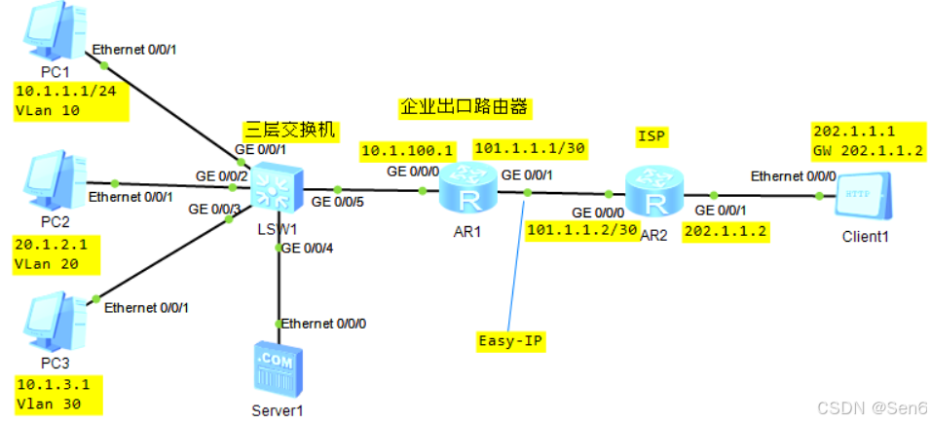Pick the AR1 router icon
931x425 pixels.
pos(468,190)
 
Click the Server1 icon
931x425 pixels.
pos(279,368)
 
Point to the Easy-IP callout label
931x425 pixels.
pos(509,341)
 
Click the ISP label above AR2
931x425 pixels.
pos(652,135)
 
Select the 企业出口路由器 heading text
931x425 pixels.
pos(468,106)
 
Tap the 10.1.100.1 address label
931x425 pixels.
pos(408,151)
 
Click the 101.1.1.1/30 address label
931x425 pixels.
pos(529,148)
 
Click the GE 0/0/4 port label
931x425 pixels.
pos(310,248)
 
